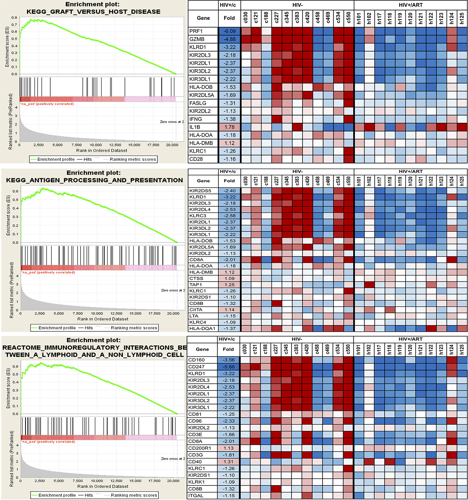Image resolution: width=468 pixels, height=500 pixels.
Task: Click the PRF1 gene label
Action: click(196, 31)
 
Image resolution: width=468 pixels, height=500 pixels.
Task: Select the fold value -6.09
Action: click(229, 31)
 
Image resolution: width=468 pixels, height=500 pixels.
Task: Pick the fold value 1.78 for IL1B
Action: click(229, 127)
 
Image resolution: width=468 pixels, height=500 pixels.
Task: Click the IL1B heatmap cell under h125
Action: click(462, 127)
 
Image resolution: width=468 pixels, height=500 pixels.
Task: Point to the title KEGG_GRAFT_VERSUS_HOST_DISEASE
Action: click(93, 12)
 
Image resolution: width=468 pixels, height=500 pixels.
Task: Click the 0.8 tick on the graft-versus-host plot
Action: click(14, 18)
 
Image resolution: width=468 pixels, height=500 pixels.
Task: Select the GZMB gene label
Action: click(197, 39)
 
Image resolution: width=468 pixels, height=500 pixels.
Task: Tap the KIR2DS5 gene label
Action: click(200, 191)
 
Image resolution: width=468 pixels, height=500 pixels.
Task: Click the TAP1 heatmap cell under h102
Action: click(369, 285)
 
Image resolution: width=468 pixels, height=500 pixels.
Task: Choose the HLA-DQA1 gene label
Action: click(202, 328)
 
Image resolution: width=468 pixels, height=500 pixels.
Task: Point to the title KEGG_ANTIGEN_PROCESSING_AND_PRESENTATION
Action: click(94, 180)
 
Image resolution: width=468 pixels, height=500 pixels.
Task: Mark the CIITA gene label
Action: click(196, 310)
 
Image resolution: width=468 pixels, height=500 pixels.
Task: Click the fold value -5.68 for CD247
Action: click(229, 367)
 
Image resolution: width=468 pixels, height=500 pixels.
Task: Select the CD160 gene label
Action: click(197, 360)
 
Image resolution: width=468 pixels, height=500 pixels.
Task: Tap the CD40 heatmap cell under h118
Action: click(389, 462)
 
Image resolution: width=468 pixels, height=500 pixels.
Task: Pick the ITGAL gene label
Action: click(196, 496)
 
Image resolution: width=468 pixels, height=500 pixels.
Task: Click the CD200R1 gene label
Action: click(199, 448)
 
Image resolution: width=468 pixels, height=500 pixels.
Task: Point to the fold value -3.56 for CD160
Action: click(229, 360)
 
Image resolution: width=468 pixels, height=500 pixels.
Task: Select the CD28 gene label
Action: click(196, 159)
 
